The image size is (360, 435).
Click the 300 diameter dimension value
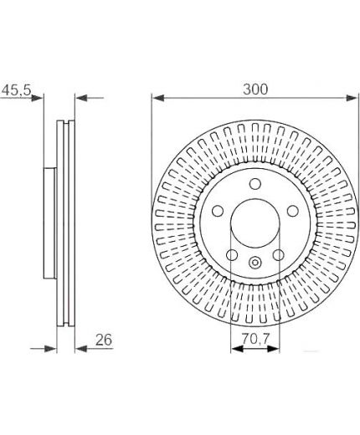tap(255, 90)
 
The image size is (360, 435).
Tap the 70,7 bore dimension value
tap(255, 339)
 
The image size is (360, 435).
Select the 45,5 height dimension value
tap(16, 90)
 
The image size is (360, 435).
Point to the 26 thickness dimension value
tap(104, 340)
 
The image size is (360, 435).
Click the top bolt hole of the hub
tap(255, 184)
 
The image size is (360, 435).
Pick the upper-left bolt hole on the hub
tap(218, 211)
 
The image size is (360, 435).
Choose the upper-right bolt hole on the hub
tap(293, 211)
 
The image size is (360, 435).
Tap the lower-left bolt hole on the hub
tap(232, 255)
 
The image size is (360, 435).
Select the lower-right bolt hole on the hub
tap(279, 255)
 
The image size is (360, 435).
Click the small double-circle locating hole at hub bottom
tap(255, 263)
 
